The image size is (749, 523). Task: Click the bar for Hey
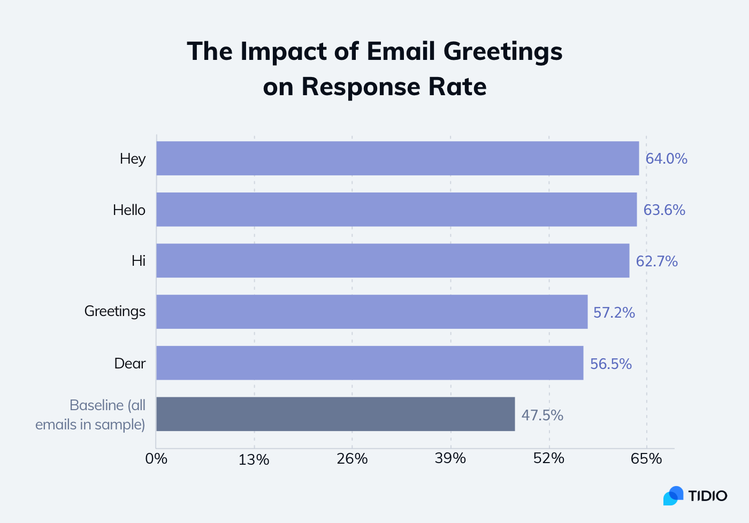pos(398,158)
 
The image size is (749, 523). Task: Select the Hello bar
pos(396,210)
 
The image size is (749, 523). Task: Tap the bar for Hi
pos(393,261)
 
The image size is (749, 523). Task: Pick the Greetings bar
pos(372,312)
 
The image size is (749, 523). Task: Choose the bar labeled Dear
pos(370,363)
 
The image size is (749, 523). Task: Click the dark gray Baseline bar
pos(335,414)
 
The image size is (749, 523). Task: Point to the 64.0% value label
pos(666,159)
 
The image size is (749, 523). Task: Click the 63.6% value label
pos(664,210)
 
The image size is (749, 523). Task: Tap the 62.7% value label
pos(656,261)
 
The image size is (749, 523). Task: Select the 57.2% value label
pos(614,313)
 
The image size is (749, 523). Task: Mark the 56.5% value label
pos(610,364)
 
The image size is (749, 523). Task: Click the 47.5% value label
pos(542,416)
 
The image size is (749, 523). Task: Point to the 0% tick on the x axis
pos(156,459)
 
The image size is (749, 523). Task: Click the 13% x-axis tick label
pos(254,459)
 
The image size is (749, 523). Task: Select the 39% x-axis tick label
pos(450,459)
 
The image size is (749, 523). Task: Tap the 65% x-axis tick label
pos(646,459)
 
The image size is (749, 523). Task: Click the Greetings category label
pos(115,311)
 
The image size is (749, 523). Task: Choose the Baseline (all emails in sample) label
pos(91,415)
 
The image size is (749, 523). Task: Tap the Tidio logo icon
pos(674,496)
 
